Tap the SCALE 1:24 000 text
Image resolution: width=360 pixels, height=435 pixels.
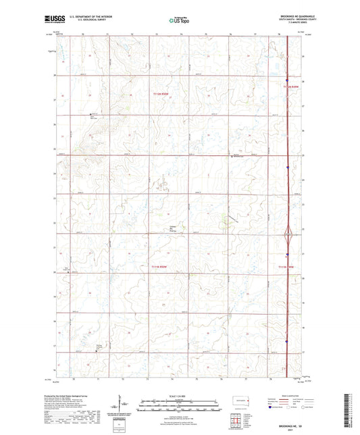179,395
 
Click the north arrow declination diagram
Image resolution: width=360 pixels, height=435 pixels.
124,407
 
